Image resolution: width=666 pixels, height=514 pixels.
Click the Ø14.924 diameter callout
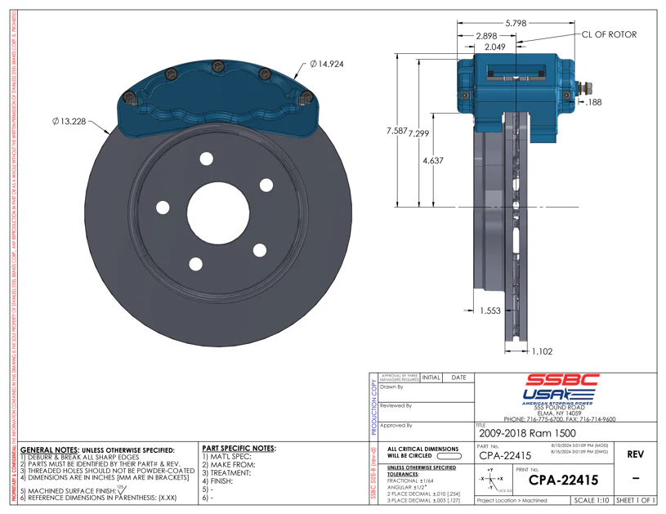coord(327,63)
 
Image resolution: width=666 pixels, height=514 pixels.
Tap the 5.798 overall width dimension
coord(516,24)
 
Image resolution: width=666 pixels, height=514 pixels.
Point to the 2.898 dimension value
coord(487,37)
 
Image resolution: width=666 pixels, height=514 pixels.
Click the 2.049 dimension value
coord(495,47)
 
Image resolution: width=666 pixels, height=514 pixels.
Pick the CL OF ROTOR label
coord(608,34)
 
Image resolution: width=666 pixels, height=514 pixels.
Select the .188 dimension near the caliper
coord(593,102)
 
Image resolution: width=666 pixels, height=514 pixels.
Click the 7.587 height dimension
coord(396,131)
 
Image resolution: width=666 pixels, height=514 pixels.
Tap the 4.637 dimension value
coord(432,161)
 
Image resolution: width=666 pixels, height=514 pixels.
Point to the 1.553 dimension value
coord(489,311)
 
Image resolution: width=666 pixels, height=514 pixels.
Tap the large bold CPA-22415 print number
coord(563,480)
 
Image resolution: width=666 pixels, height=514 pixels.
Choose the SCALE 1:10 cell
coord(592,499)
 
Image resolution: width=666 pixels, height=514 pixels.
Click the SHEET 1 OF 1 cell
coord(636,499)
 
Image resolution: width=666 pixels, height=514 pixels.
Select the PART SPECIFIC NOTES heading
coord(238,449)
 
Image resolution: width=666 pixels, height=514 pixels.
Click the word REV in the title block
coord(636,454)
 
